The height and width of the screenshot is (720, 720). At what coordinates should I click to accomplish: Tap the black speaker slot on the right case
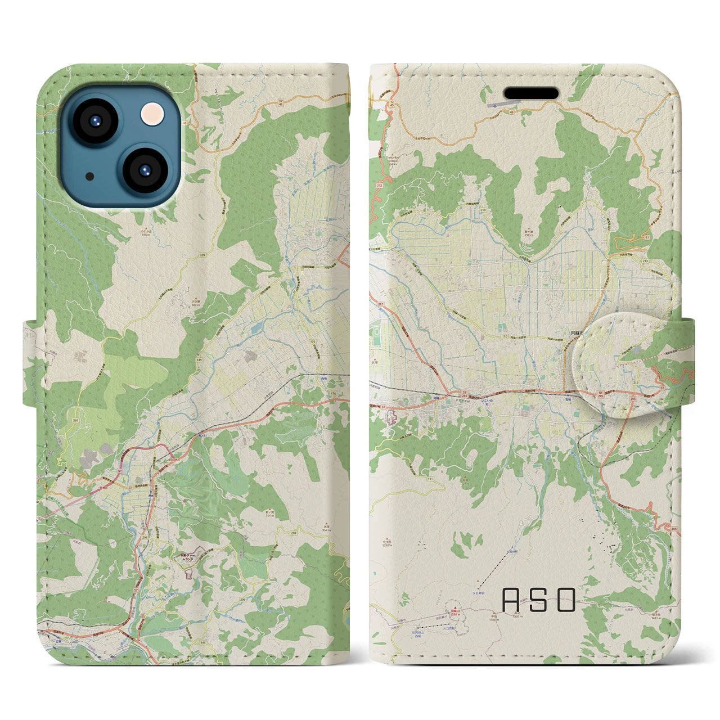[x=530, y=93]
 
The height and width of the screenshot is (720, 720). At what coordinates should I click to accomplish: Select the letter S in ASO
[x=538, y=600]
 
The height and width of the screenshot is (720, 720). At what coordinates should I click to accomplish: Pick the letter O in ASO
[x=566, y=600]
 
